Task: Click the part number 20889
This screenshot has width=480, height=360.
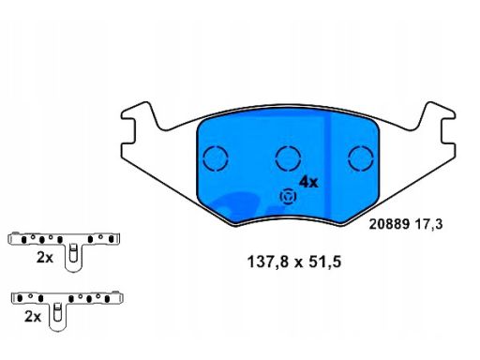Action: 389,224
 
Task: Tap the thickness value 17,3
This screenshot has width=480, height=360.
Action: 429,224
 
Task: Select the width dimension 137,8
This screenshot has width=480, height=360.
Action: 268,262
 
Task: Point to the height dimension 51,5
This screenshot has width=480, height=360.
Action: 324,262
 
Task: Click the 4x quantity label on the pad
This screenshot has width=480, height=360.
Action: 308,182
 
